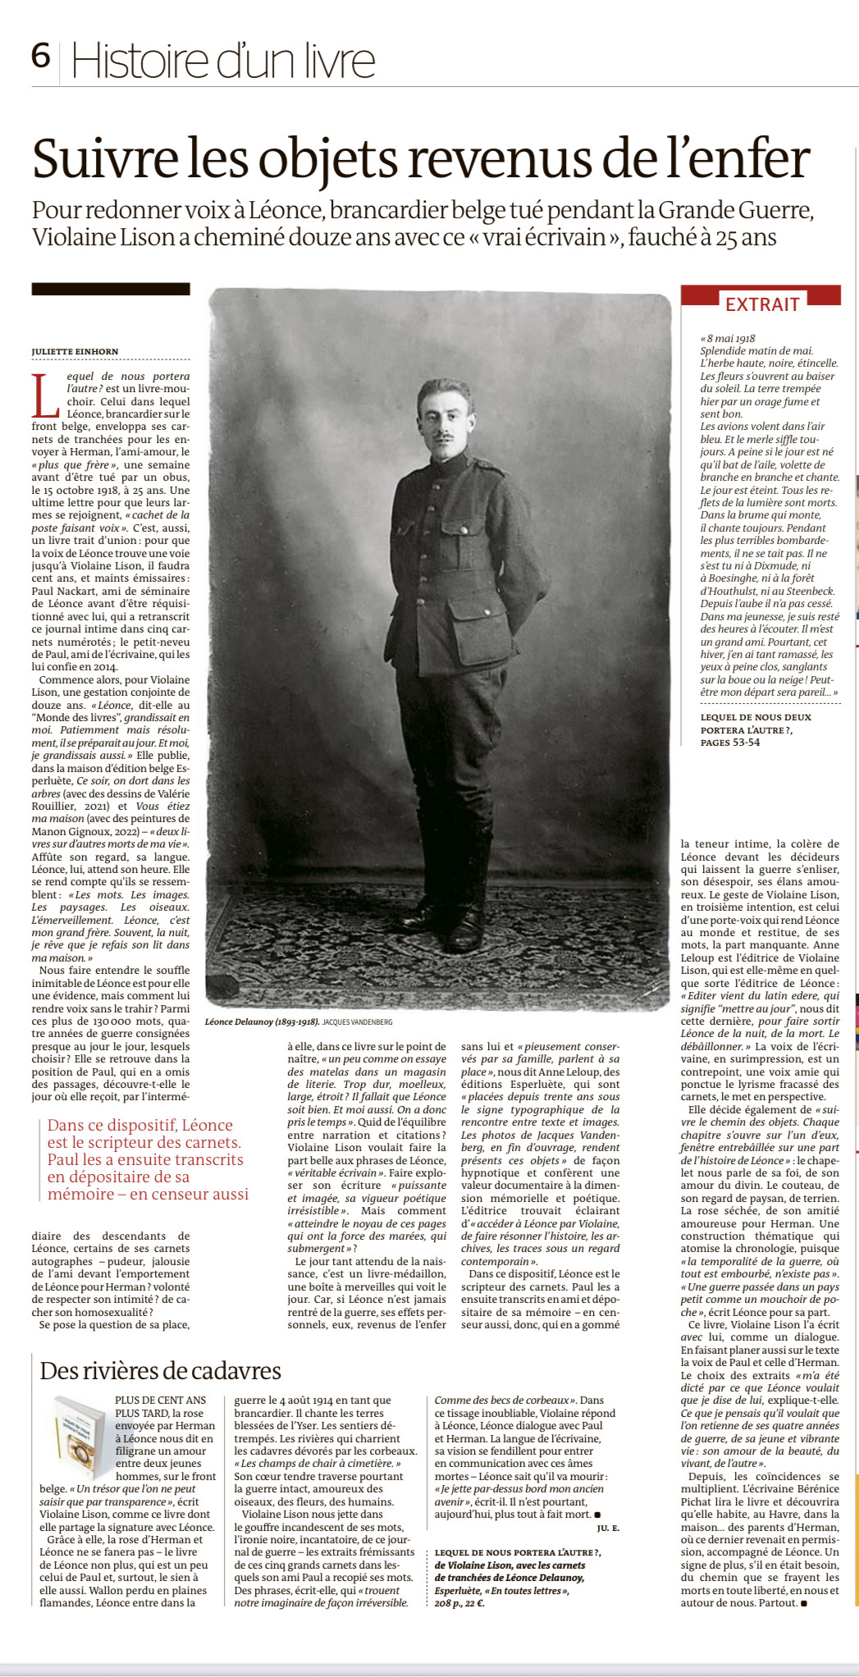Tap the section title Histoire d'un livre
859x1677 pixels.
pos(223,62)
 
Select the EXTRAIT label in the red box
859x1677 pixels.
pos(761,304)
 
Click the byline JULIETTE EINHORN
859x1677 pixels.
pos(75,351)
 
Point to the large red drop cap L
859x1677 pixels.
pos(46,395)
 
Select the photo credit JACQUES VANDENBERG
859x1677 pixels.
pos(357,1022)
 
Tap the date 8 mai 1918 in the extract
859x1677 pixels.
pos(730,338)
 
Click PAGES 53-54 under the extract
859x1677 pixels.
pos(730,743)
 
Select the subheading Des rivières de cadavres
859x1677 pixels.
pos(160,1371)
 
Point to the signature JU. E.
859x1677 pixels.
pos(608,1528)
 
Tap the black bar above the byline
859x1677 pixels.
pos(111,289)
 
